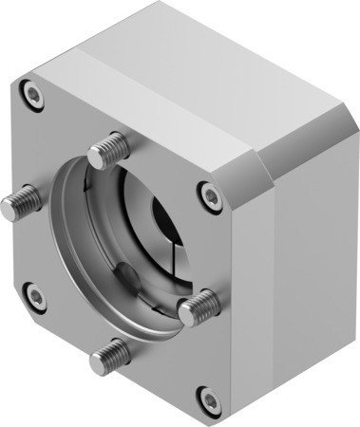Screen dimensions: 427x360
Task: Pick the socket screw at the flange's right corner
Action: (x=210, y=195)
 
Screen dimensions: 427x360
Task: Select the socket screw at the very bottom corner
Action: (x=208, y=398)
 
